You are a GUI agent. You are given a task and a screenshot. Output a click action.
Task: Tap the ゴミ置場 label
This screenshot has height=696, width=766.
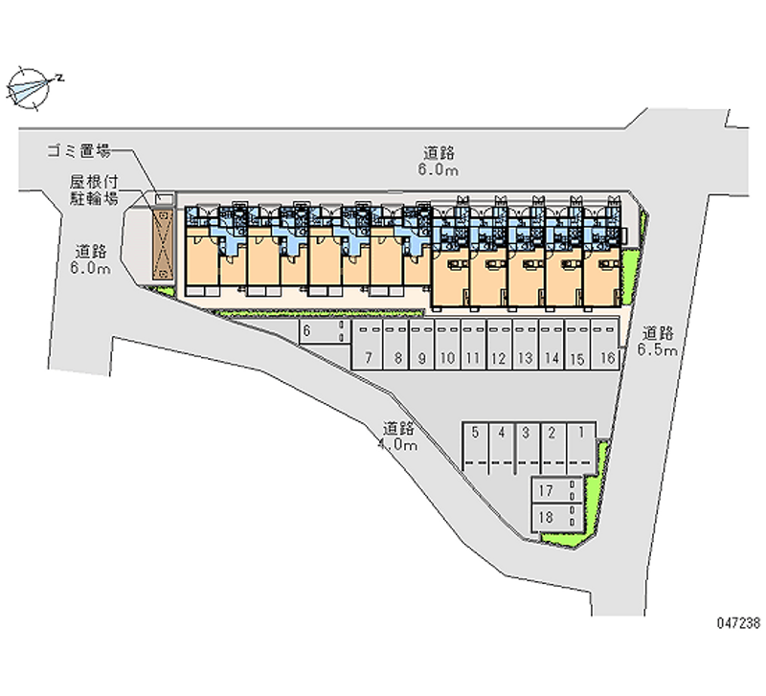tap(79, 150)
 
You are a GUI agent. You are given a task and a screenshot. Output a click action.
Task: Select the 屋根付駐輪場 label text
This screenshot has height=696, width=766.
tap(92, 190)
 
